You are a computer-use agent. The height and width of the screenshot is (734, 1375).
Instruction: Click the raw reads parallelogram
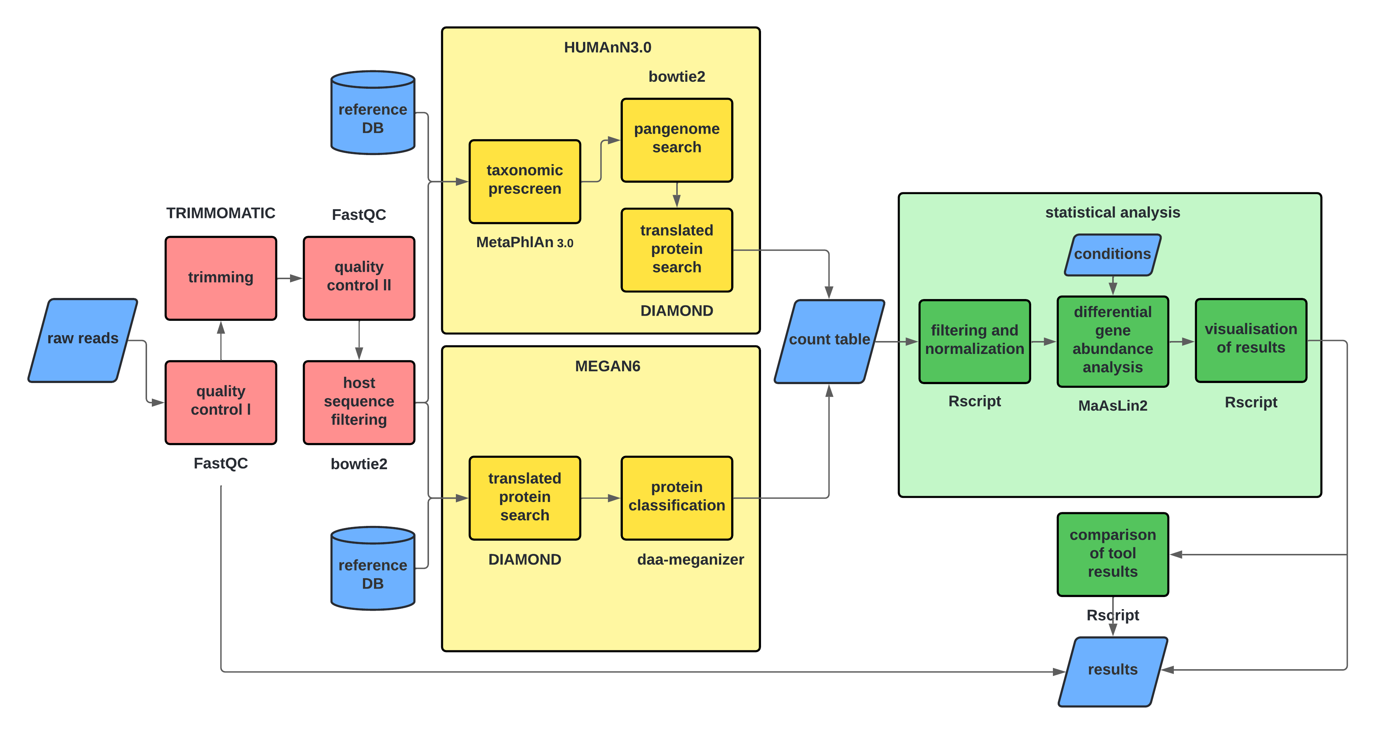pyautogui.click(x=83, y=340)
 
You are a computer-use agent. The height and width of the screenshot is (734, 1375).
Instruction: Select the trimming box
pyautogui.click(x=220, y=278)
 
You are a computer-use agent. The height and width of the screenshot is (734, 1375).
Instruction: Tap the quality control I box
pyautogui.click(x=220, y=402)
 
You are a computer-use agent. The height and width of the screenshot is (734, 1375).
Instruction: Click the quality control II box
pyautogui.click(x=359, y=278)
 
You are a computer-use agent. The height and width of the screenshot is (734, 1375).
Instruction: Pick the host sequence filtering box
pyautogui.click(x=359, y=402)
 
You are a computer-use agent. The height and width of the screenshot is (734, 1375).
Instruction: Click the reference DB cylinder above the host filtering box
pyautogui.click(x=373, y=113)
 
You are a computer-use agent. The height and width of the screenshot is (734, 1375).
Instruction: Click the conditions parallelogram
pyautogui.click(x=1112, y=254)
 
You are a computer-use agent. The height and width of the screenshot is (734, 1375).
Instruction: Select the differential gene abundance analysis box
pyautogui.click(x=1112, y=341)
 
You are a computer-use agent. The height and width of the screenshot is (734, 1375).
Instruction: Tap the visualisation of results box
pyautogui.click(x=1251, y=340)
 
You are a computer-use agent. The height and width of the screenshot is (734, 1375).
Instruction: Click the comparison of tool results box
pyautogui.click(x=1112, y=554)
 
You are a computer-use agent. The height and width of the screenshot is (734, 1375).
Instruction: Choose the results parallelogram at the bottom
pyautogui.click(x=1112, y=671)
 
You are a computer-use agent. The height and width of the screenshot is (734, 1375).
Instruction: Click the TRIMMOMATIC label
pyautogui.click(x=220, y=213)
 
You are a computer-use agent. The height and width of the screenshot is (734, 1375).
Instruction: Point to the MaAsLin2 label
pyautogui.click(x=1112, y=405)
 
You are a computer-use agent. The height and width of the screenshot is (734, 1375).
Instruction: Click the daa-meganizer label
pyautogui.click(x=690, y=559)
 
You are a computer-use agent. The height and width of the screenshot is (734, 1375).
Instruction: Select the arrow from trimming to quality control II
pyautogui.click(x=289, y=278)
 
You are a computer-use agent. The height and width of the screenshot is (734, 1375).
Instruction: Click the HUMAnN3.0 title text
pyautogui.click(x=607, y=48)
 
